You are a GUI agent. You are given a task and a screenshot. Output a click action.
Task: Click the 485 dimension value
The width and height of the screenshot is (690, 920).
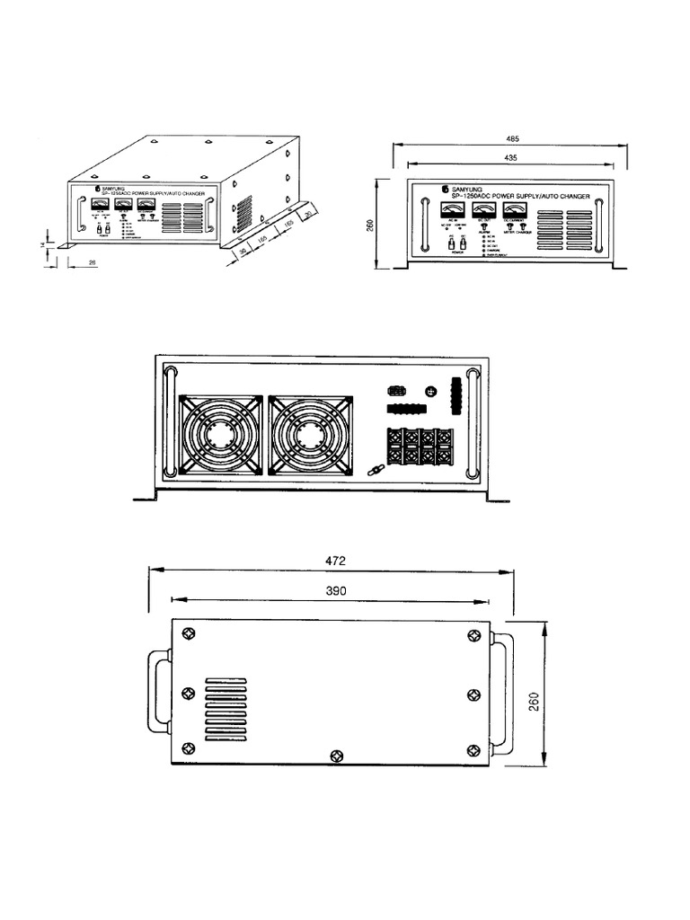pos(512,139)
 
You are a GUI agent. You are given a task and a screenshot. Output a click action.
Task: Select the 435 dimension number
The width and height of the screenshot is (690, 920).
pos(511,157)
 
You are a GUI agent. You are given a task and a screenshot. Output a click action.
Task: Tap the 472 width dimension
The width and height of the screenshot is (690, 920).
pos(334,560)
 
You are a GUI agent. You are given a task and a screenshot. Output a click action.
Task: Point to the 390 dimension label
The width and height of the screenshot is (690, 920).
pos(334,590)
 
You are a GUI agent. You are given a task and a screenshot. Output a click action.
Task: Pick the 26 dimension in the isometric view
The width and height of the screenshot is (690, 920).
pos(93,262)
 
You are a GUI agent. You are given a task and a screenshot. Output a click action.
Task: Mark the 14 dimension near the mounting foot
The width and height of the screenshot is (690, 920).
pos(42,244)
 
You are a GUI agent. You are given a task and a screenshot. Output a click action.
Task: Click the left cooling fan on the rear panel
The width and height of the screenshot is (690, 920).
pos(220,435)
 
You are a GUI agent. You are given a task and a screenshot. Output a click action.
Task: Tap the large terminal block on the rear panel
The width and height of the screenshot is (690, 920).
pos(417,447)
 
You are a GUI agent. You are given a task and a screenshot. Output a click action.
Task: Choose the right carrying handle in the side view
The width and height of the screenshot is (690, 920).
pos(502,697)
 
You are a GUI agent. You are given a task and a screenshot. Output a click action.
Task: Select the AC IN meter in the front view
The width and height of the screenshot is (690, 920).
pos(452,211)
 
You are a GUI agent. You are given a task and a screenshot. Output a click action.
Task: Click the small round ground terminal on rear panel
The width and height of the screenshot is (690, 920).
pos(430,392)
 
